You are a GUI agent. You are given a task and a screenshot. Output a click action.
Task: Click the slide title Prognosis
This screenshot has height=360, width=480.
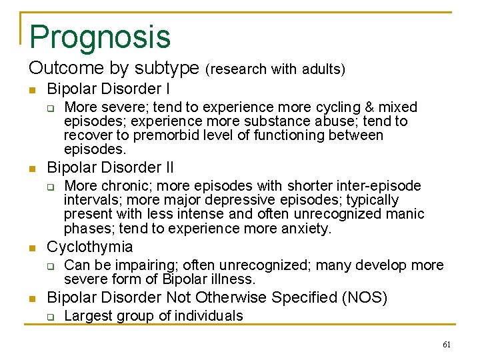100,37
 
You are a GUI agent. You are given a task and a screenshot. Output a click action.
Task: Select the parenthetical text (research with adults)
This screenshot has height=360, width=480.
275,69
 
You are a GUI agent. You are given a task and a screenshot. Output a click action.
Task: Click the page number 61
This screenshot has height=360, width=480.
446,345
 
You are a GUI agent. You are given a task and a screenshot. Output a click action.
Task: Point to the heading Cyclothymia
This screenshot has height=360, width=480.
90,247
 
